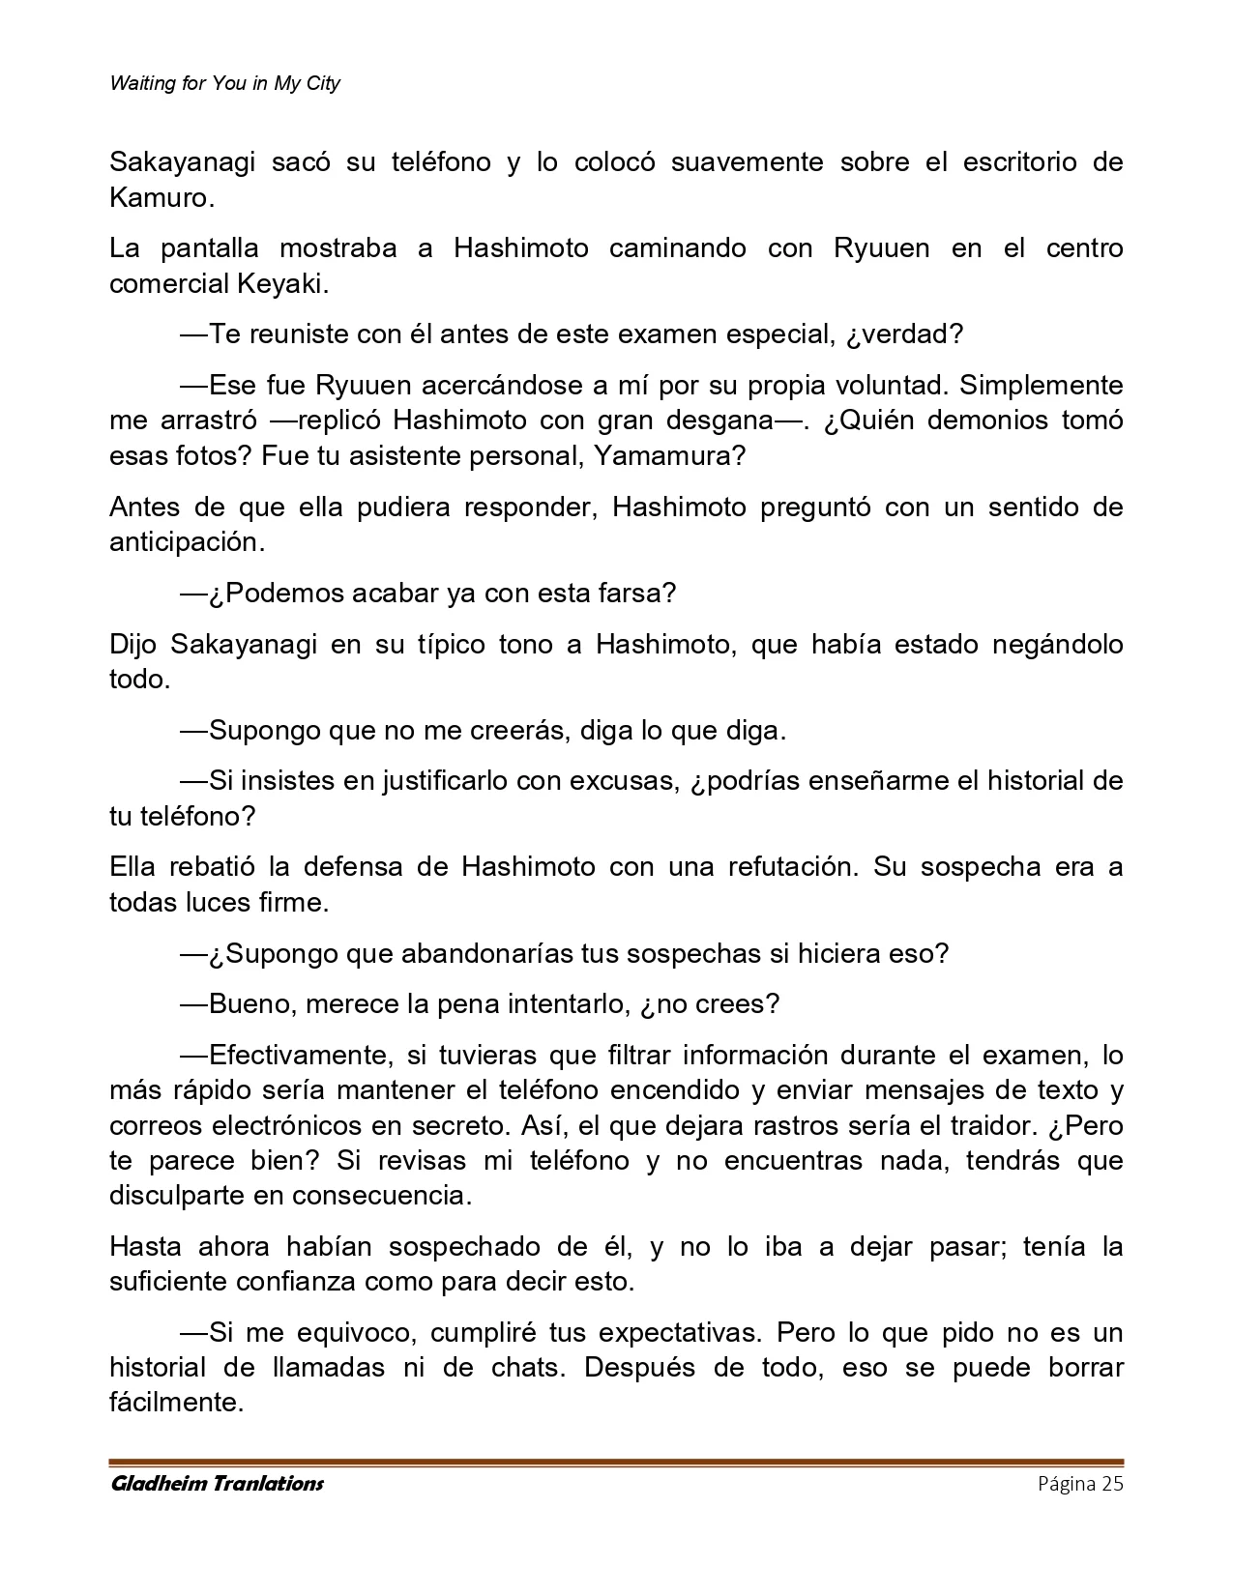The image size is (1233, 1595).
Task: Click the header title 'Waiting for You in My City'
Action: [225, 83]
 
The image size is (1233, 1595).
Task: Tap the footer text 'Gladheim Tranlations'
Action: [217, 1483]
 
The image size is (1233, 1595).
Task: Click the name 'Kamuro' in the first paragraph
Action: [158, 198]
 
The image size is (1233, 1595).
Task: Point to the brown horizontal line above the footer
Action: [616, 1462]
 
